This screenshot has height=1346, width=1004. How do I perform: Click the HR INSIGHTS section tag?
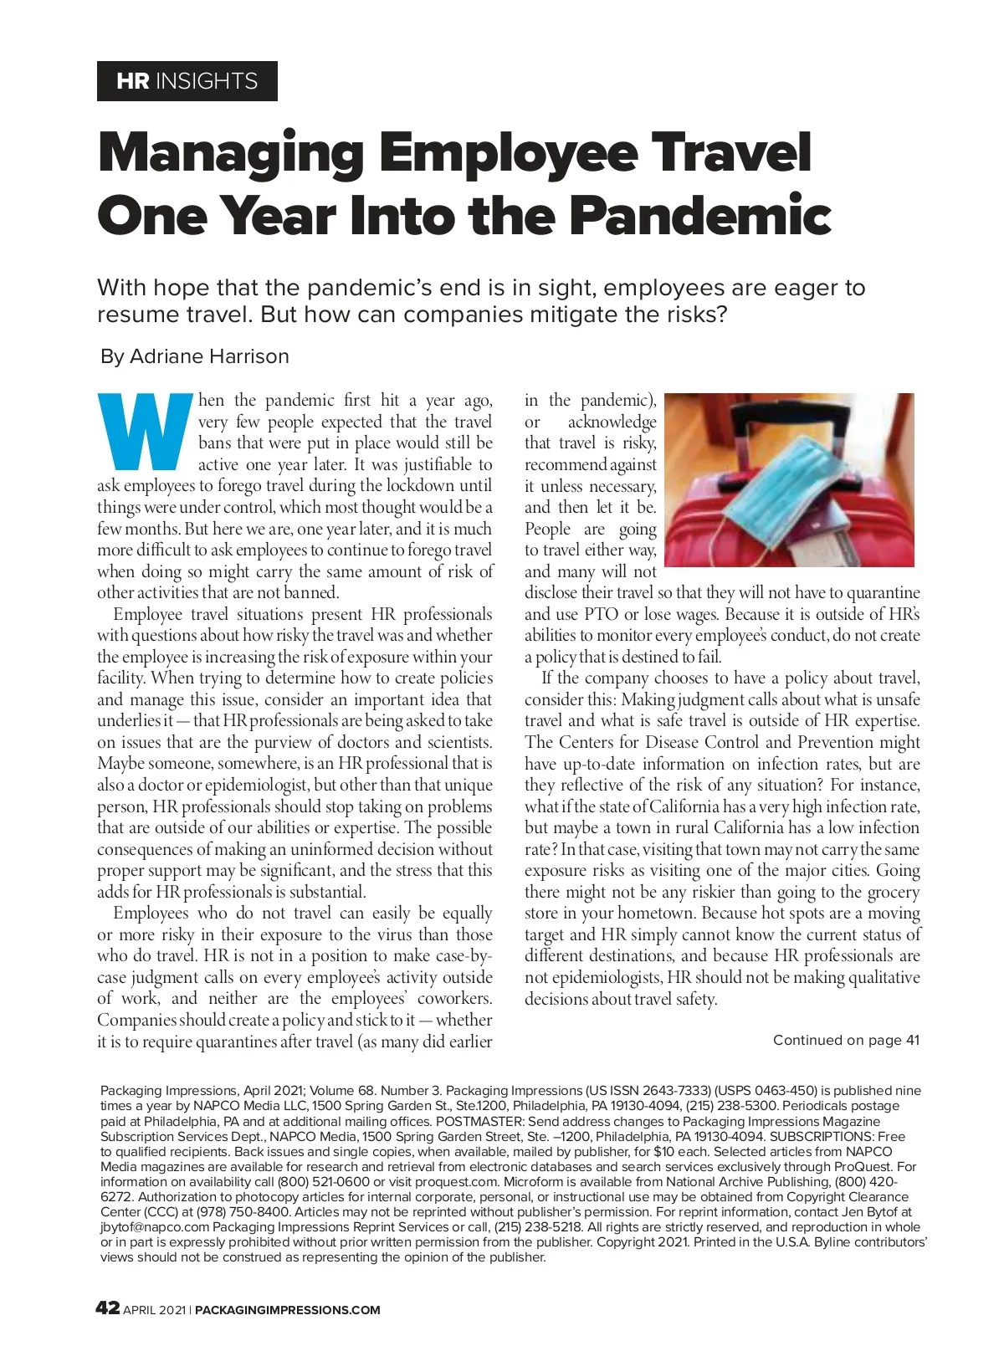click(x=187, y=81)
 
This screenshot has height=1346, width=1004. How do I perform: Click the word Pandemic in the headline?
click(x=700, y=215)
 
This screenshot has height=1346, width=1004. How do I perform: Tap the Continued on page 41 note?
click(x=845, y=1040)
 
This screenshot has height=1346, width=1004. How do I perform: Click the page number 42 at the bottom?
click(x=108, y=1308)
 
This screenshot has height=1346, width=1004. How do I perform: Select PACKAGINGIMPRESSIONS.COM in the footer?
click(x=288, y=1310)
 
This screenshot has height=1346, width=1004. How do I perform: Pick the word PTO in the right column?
click(x=601, y=614)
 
